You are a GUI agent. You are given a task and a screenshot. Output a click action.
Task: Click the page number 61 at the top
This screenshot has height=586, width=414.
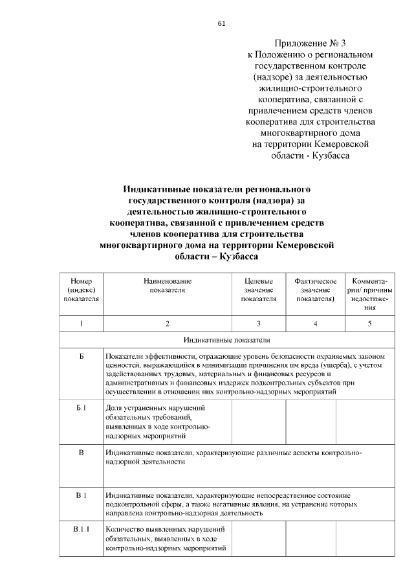point(222,24)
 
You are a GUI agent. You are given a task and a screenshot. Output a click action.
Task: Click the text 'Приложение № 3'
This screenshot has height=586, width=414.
point(311,43)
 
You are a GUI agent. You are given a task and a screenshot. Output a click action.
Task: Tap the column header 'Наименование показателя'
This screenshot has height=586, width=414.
point(167,286)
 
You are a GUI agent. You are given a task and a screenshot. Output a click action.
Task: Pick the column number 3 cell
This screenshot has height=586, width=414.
point(259,323)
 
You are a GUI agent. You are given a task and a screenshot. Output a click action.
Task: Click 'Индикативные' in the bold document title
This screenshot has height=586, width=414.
point(156,190)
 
